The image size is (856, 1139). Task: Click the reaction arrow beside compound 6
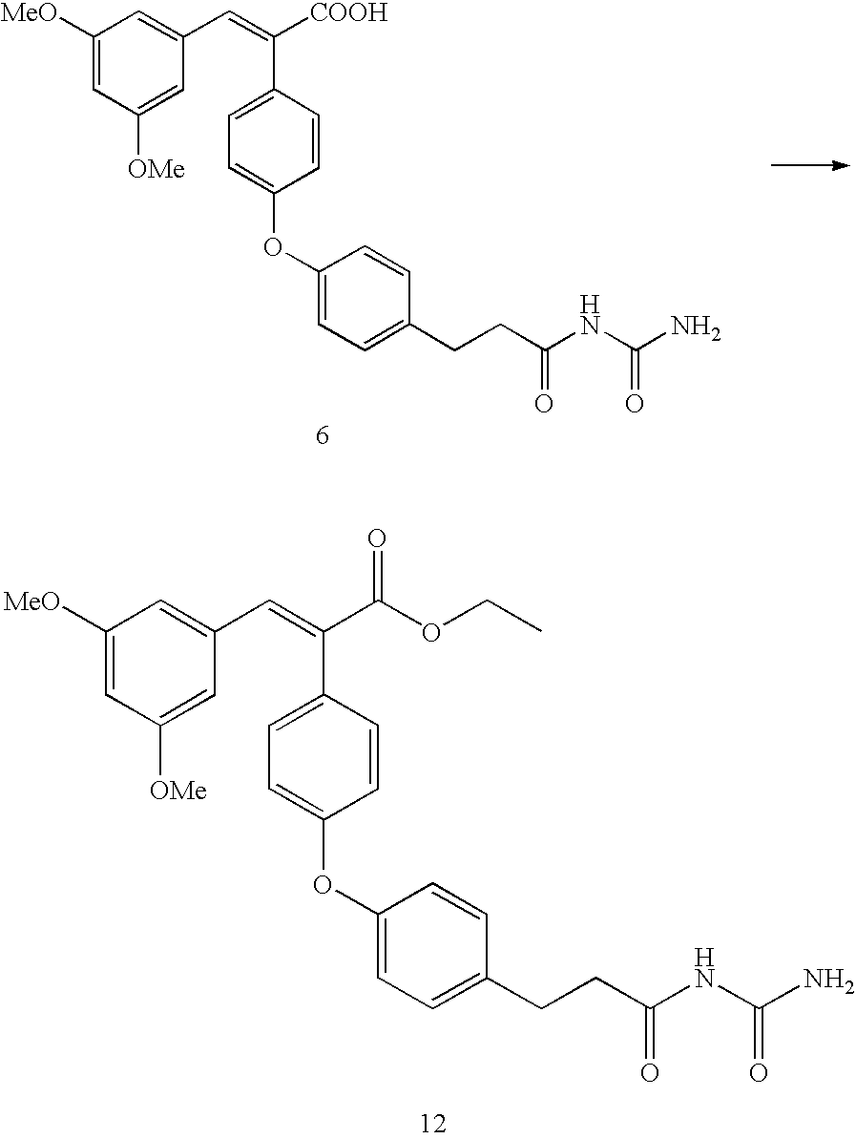click(809, 165)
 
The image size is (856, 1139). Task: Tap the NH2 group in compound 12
click(828, 982)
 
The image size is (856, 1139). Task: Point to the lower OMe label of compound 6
click(157, 169)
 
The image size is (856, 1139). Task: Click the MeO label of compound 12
click(31, 602)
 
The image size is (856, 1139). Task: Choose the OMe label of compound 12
click(178, 790)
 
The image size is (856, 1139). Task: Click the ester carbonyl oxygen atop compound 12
click(377, 539)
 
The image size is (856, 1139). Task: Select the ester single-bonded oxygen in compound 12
click(431, 633)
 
